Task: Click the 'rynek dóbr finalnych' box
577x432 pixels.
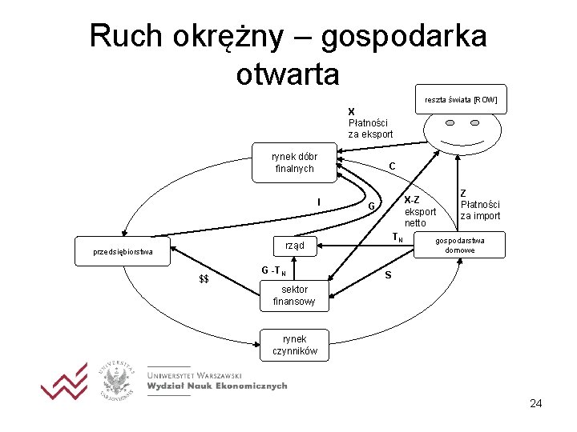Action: pyautogui.click(x=294, y=162)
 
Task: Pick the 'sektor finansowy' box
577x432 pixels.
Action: pyautogui.click(x=294, y=295)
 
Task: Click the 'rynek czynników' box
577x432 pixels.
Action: pyautogui.click(x=294, y=345)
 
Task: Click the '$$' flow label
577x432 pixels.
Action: pyautogui.click(x=204, y=279)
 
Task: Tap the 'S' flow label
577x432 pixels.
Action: pyautogui.click(x=388, y=276)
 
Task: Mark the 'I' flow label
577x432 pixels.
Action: pyautogui.click(x=319, y=202)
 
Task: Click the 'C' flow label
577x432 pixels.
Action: pyautogui.click(x=392, y=166)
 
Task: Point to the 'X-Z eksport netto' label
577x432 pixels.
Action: pyautogui.click(x=419, y=211)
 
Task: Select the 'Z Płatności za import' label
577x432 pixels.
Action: pyautogui.click(x=479, y=205)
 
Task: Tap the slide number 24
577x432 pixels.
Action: pyautogui.click(x=535, y=403)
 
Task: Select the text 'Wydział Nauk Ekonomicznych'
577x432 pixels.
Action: pyautogui.click(x=216, y=386)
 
